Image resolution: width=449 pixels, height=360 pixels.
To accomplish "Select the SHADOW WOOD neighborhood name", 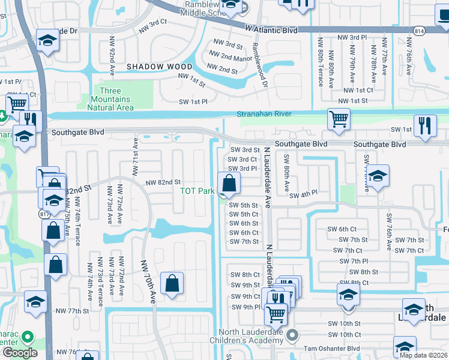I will coord(159,67).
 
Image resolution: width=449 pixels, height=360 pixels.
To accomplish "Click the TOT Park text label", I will coord(197,191).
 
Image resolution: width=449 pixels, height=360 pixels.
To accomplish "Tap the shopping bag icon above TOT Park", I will coord(228,182).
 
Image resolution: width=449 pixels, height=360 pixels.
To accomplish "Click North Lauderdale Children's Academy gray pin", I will coord(292,334).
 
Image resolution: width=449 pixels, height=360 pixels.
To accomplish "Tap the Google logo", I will coord(20,352).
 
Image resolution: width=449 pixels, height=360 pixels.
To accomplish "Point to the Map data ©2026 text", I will coord(423,355).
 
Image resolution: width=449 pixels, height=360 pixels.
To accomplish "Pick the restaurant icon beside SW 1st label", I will coord(425,126).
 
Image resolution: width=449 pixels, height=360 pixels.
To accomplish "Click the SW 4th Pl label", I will coord(302,196).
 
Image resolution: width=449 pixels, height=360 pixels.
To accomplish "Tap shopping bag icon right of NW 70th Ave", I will coord(172,283).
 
